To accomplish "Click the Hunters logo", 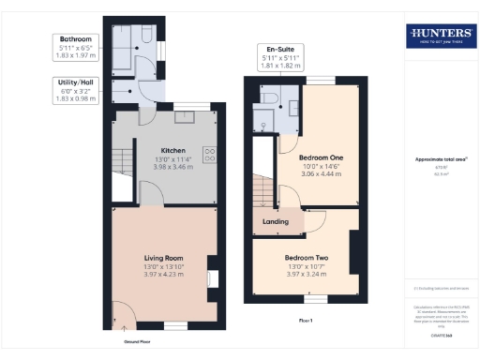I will point(440,37).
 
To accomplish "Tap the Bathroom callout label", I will point(75,39).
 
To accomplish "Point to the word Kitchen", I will point(172,150).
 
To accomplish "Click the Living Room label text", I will point(162,258).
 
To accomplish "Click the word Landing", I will point(276,222).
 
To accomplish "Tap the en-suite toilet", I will point(269,97).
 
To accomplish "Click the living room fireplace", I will point(211,278).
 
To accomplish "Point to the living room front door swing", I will point(121,316).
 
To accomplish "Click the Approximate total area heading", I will point(440,159).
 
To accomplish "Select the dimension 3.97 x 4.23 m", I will point(162,275).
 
